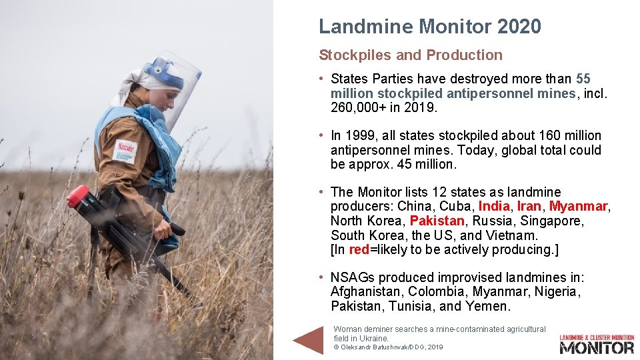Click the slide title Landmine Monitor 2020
click(x=429, y=27)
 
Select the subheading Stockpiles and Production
click(x=411, y=55)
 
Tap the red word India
click(x=494, y=207)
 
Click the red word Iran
click(x=529, y=207)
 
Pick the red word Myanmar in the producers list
click(x=577, y=207)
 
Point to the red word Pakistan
click(x=437, y=221)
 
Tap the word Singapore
click(x=553, y=221)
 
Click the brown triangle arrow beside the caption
click(x=309, y=339)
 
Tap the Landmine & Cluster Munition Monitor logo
click(x=596, y=343)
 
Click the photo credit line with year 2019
click(x=388, y=347)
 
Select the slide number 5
click(x=33, y=336)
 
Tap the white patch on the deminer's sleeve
click(x=125, y=151)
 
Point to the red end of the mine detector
click(x=77, y=196)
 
